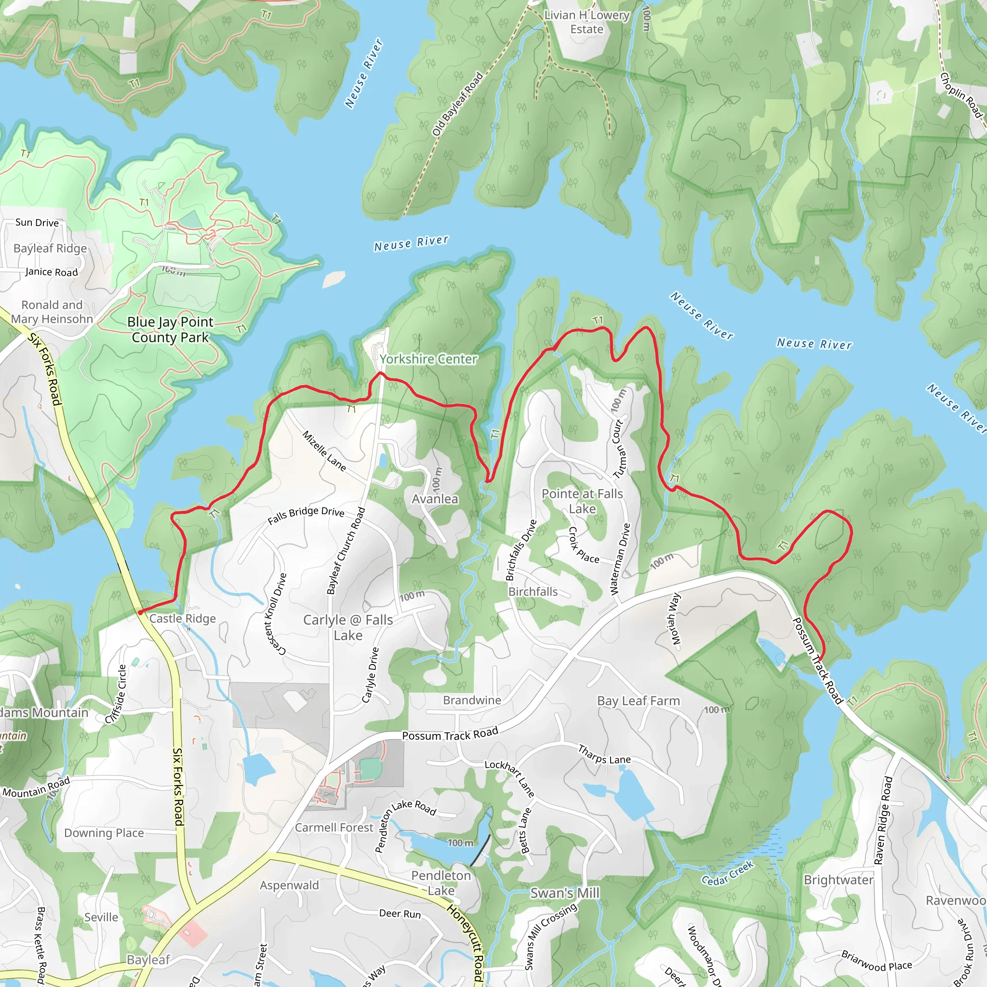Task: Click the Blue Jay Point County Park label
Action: (170, 330)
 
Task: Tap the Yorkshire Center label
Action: (428, 359)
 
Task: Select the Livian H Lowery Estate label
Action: (587, 22)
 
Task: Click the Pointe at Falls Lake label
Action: (582, 501)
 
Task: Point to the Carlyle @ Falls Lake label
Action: (348, 627)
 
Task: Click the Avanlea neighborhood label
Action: (435, 499)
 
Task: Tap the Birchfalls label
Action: (533, 592)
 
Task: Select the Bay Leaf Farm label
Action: (638, 701)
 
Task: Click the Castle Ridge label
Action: (182, 619)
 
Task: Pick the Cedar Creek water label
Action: (727, 873)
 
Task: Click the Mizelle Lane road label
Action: (324, 451)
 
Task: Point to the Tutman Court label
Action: (619, 449)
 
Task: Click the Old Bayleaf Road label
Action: (457, 104)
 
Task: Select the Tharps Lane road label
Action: (604, 755)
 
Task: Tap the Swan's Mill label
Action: (564, 893)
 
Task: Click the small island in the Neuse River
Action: (334, 279)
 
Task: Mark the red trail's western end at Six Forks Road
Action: (139, 612)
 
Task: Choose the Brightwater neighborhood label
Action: (839, 880)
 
